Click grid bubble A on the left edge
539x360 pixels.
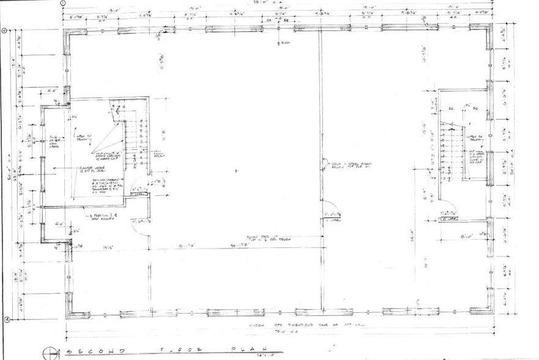tap(5, 318)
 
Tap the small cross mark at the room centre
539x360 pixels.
tap(236, 171)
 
